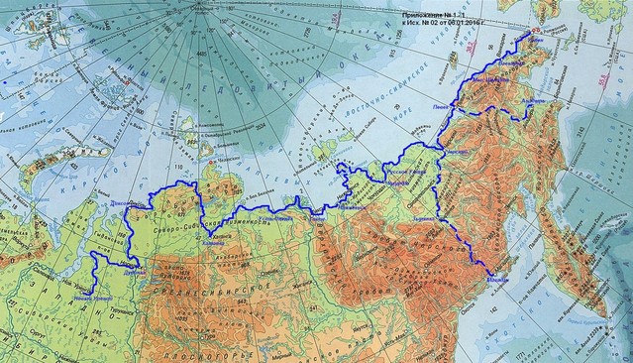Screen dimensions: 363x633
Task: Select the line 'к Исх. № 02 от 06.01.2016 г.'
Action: [441, 26]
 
